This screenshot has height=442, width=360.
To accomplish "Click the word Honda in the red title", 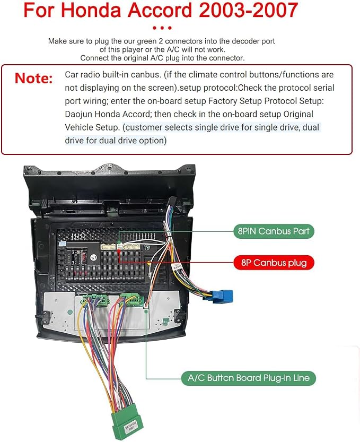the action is point(91,10).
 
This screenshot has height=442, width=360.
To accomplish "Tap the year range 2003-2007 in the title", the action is point(249,10).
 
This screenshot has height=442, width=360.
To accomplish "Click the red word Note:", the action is point(34,78).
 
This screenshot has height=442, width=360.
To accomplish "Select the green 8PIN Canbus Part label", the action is point(274,231).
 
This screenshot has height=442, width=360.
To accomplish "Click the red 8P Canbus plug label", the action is point(274,263).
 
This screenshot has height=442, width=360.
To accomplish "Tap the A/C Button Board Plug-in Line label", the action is point(249,378).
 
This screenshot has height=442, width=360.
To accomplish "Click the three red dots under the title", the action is point(162,28).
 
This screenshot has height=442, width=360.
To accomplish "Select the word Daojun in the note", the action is point(78,114).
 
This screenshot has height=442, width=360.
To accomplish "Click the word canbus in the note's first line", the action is point(145,75).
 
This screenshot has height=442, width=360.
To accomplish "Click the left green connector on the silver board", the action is point(95,299).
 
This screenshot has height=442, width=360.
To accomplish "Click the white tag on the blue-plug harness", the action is point(178,267).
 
